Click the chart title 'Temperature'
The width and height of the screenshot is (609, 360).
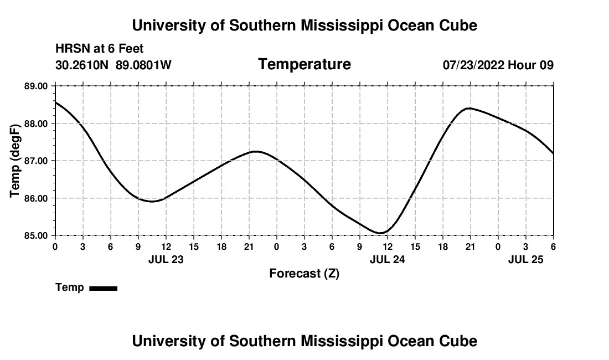coord(304,64)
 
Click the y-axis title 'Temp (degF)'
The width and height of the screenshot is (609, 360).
coord(16,161)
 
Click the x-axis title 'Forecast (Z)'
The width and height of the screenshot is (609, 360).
coord(304,273)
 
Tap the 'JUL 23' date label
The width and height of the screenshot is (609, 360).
coord(166,259)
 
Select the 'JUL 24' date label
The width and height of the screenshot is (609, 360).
coord(387,259)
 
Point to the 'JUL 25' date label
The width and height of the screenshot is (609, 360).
coord(526,259)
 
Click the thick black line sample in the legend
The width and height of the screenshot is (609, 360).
coord(104,288)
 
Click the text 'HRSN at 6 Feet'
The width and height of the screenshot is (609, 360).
coord(100,49)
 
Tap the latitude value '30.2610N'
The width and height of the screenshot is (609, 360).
coord(82,65)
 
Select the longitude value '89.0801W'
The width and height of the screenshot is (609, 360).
coord(144,65)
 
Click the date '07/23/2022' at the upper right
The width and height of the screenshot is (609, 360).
coord(473,65)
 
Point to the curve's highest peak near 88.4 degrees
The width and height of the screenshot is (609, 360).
coord(469,108)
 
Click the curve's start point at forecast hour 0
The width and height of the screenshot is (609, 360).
coord(56,102)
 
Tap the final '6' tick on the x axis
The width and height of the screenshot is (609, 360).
coord(553,246)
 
